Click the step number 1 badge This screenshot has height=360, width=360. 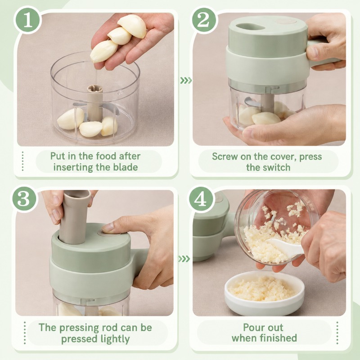[28, 20]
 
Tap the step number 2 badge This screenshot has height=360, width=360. [203, 20]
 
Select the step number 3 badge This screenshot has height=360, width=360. [24, 199]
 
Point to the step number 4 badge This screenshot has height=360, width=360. [200, 199]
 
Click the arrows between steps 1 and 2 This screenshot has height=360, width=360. [186, 81]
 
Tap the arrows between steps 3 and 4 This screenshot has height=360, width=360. [184, 259]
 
